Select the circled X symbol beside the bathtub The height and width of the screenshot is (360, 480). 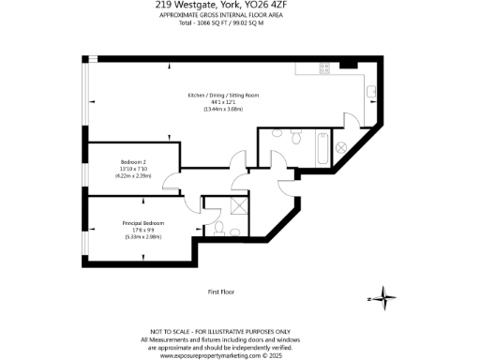click(x=341, y=147)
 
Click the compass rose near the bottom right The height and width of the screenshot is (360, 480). click(x=382, y=299)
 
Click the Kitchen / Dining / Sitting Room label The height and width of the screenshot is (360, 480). click(x=223, y=96)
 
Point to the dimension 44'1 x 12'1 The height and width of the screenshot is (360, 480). click(x=223, y=103)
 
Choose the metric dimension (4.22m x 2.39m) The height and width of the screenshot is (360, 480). click(x=132, y=175)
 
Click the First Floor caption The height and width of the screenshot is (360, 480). click(x=220, y=292)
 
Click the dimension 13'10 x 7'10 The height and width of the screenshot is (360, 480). click(x=132, y=168)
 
